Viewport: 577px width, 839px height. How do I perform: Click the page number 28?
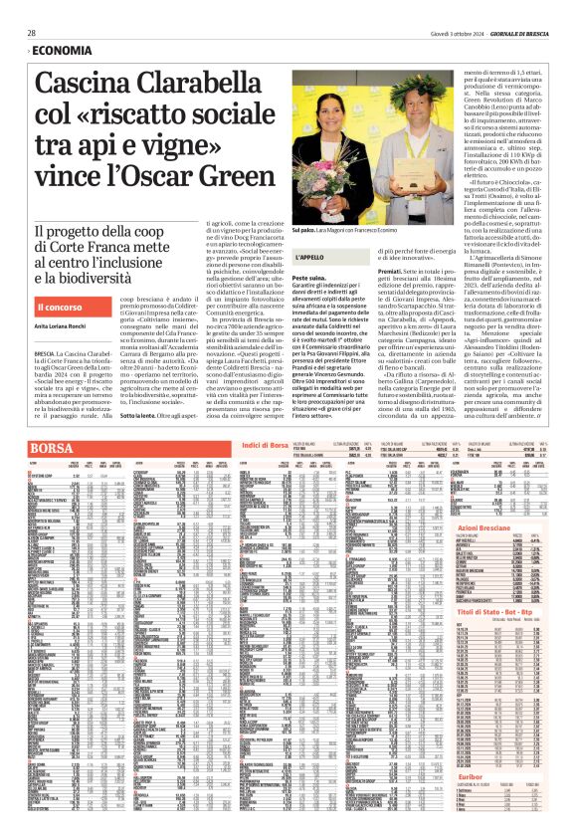32,33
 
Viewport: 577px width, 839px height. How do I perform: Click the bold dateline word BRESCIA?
44,353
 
